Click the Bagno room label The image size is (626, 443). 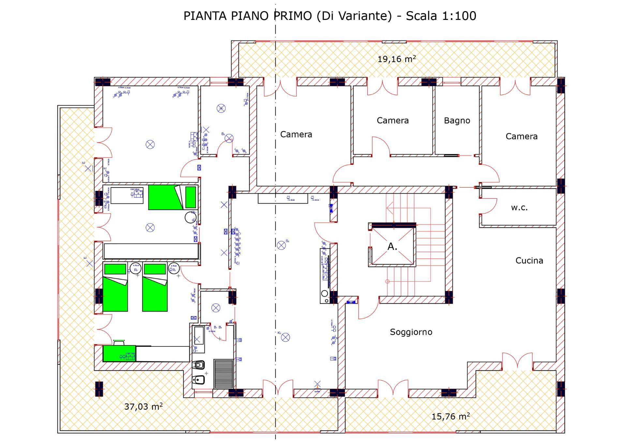tap(457, 121)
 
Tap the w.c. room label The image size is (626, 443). tap(519, 207)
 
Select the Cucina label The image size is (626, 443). tap(529, 260)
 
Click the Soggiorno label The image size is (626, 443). tap(411, 332)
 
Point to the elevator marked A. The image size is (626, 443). tap(392, 247)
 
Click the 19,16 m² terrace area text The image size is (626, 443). tap(396, 59)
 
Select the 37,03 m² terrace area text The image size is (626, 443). tap(143, 406)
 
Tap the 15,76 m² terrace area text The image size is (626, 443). tap(450, 416)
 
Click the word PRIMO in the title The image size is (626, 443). tap(292, 16)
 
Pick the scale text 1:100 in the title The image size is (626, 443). tap(459, 16)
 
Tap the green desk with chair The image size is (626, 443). tap(119, 353)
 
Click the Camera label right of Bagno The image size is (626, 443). tap(521, 136)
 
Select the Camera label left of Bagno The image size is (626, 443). tap(393, 120)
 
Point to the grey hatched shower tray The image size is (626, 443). tap(223, 374)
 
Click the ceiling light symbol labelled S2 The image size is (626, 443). tap(281, 245)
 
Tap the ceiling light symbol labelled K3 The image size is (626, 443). tap(285, 337)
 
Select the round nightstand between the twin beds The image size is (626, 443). tap(135, 268)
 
